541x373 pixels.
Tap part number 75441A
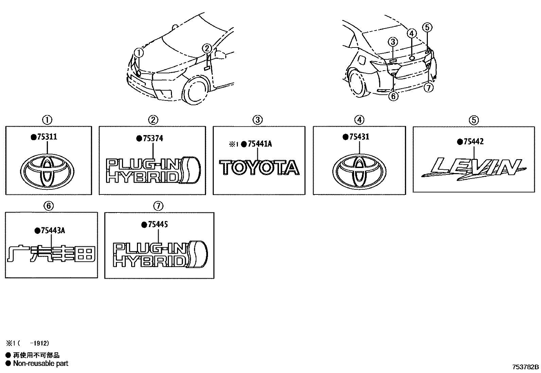pyautogui.click(x=260, y=144)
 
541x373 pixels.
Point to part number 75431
pyautogui.click(x=358, y=137)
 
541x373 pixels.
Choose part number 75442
pyautogui.click(x=472, y=142)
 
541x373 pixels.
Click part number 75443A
pyautogui.click(x=52, y=231)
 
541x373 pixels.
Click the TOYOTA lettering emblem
pyautogui.click(x=259, y=168)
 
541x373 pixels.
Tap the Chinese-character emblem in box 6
pyautogui.click(x=51, y=254)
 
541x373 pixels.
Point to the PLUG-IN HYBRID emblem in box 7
pyautogui.click(x=160, y=254)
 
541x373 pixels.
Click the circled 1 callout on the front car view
pyautogui.click(x=139, y=53)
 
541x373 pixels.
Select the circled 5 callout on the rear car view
pyautogui.click(x=427, y=27)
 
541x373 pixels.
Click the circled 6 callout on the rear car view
pyautogui.click(x=393, y=96)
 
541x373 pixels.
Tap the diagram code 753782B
pyautogui.click(x=526, y=367)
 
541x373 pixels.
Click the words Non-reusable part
pyautogui.click(x=41, y=363)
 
